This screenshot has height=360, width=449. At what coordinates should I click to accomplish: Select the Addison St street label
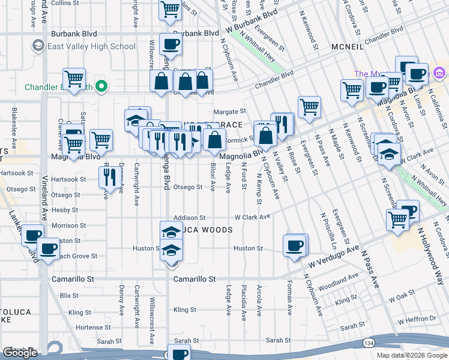[189, 218]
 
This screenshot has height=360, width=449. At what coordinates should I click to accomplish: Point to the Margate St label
[230, 112]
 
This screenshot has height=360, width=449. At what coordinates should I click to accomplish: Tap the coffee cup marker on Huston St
[295, 245]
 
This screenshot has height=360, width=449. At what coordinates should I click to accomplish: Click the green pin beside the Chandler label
[102, 86]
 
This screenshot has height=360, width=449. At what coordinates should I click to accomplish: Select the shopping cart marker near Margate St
[309, 107]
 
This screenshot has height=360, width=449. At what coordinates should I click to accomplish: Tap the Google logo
[20, 353]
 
